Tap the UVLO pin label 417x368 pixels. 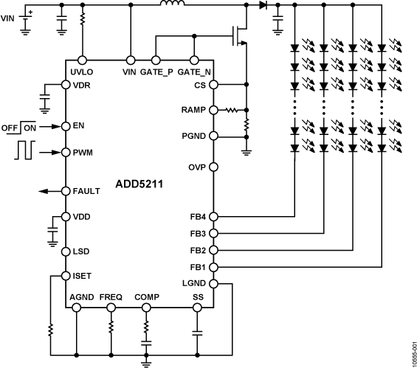tap(81, 72)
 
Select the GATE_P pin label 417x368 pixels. tap(158, 72)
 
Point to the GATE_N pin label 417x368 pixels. tap(195, 72)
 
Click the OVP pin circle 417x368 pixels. tap(213, 167)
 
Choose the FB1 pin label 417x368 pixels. tap(199, 266)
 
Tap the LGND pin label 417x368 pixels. tap(195, 283)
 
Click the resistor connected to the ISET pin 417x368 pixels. tap(50, 328)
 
